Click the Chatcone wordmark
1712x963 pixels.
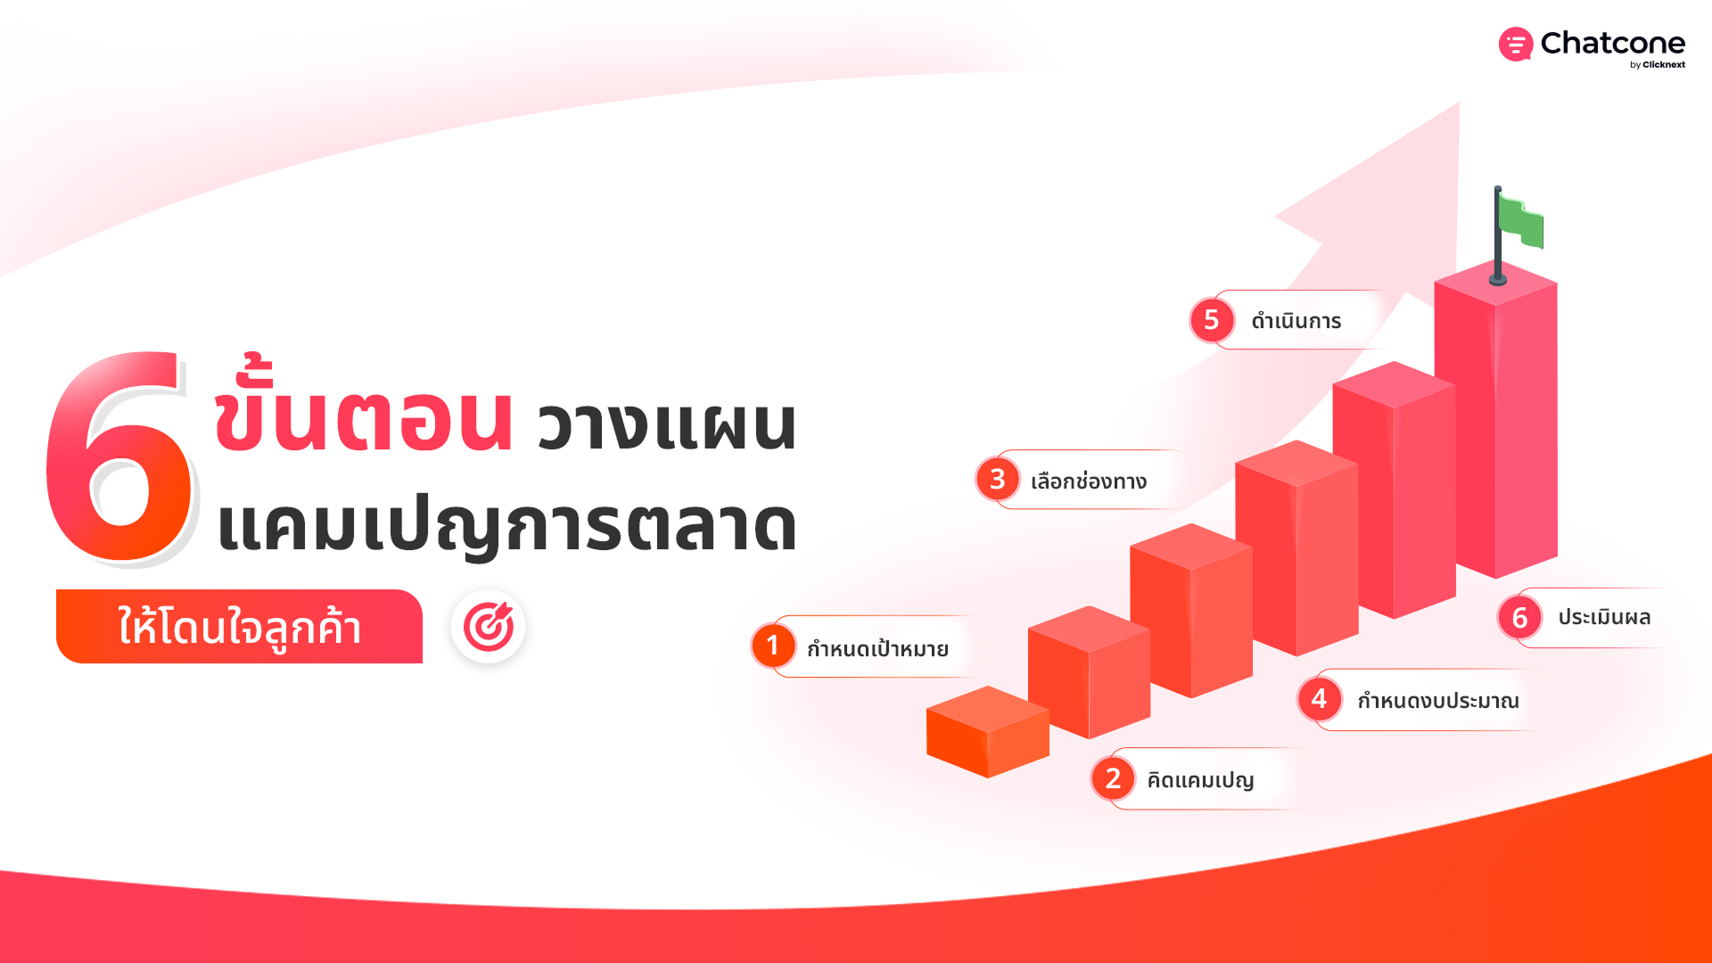pyautogui.click(x=1612, y=43)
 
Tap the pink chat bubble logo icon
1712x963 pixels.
pyautogui.click(x=1516, y=44)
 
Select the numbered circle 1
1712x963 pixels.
pyautogui.click(x=773, y=646)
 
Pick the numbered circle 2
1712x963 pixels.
pyautogui.click(x=1113, y=778)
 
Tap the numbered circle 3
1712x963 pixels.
pyautogui.click(x=998, y=480)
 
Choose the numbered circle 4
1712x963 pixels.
pyautogui.click(x=1320, y=699)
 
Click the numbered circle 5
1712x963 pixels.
pyautogui.click(x=1212, y=319)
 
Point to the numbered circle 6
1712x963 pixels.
pyautogui.click(x=1520, y=617)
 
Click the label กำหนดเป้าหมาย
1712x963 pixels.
pyautogui.click(x=877, y=648)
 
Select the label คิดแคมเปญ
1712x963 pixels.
pyautogui.click(x=1200, y=780)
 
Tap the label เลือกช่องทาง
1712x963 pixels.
pyautogui.click(x=1089, y=481)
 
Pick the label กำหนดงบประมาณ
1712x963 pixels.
pyautogui.click(x=1438, y=700)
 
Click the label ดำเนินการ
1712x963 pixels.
pyautogui.click(x=1296, y=320)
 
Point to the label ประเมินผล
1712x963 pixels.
pyautogui.click(x=1604, y=617)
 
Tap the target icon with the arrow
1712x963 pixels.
pyautogui.click(x=488, y=626)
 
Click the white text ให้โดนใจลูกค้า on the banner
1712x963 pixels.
pyautogui.click(x=240, y=627)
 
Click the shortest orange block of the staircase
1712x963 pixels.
pyautogui.click(x=988, y=732)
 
